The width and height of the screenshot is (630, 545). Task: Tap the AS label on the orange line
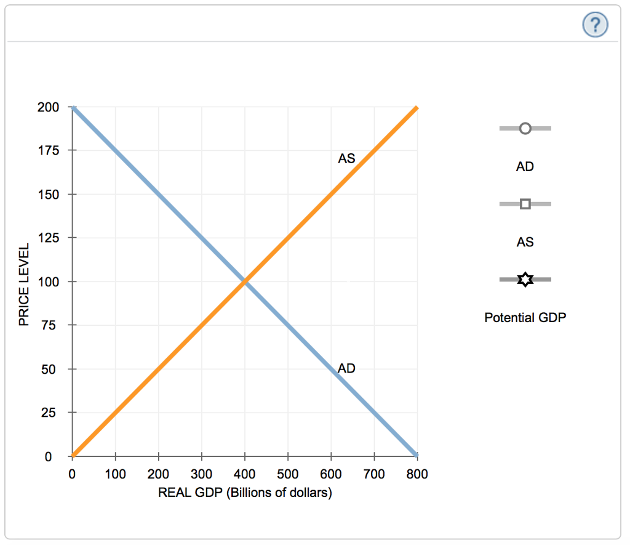coord(346,158)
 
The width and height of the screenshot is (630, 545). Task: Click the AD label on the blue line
coord(346,368)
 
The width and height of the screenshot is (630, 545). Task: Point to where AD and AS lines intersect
coord(245,281)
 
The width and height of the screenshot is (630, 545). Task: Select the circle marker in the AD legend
coord(525,128)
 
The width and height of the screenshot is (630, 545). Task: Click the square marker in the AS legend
coord(525,204)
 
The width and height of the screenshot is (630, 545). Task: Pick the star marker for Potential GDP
coord(525,280)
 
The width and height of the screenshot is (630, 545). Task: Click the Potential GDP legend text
coord(525,318)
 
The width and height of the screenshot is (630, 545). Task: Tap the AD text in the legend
coord(525,166)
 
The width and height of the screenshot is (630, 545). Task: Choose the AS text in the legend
coord(525,242)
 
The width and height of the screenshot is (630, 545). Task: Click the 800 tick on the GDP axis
coord(417,474)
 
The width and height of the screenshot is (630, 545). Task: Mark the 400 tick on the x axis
coord(245,474)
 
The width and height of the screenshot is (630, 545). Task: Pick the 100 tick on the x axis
coord(115,474)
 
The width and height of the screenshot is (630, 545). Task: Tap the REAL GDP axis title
coord(245,493)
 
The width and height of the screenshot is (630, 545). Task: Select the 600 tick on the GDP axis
coord(331,474)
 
